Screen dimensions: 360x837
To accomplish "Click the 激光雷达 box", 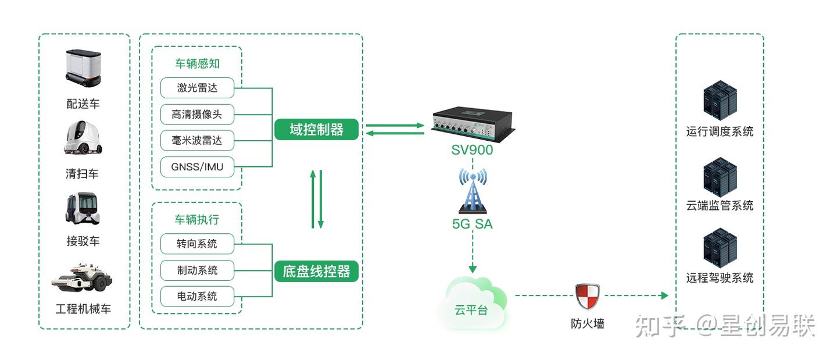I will (197, 88).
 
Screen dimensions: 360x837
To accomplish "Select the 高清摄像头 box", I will (197, 115).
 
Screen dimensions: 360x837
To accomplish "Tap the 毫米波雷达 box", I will (197, 141).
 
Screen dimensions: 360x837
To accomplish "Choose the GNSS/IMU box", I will (197, 167).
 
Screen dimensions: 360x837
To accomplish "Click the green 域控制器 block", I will (316, 130).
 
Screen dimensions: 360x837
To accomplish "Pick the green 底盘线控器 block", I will (316, 271).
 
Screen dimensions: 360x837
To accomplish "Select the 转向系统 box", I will (197, 244).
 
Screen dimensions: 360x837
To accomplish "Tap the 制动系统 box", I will (197, 270).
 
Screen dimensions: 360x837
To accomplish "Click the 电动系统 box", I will (197, 296).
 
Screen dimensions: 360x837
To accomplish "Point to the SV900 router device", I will (471, 124).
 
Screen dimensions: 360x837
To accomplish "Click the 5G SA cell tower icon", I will (472, 191).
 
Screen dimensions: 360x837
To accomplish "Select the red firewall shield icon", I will (587, 296).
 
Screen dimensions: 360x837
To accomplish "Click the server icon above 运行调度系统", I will (720, 101).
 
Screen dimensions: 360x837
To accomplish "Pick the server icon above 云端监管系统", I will (720, 176).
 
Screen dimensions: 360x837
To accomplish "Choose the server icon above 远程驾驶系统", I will (720, 248).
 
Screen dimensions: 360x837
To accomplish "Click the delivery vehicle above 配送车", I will (83, 69).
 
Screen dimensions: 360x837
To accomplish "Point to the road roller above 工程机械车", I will (82, 277).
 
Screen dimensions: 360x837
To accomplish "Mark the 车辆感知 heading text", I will (197, 64).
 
